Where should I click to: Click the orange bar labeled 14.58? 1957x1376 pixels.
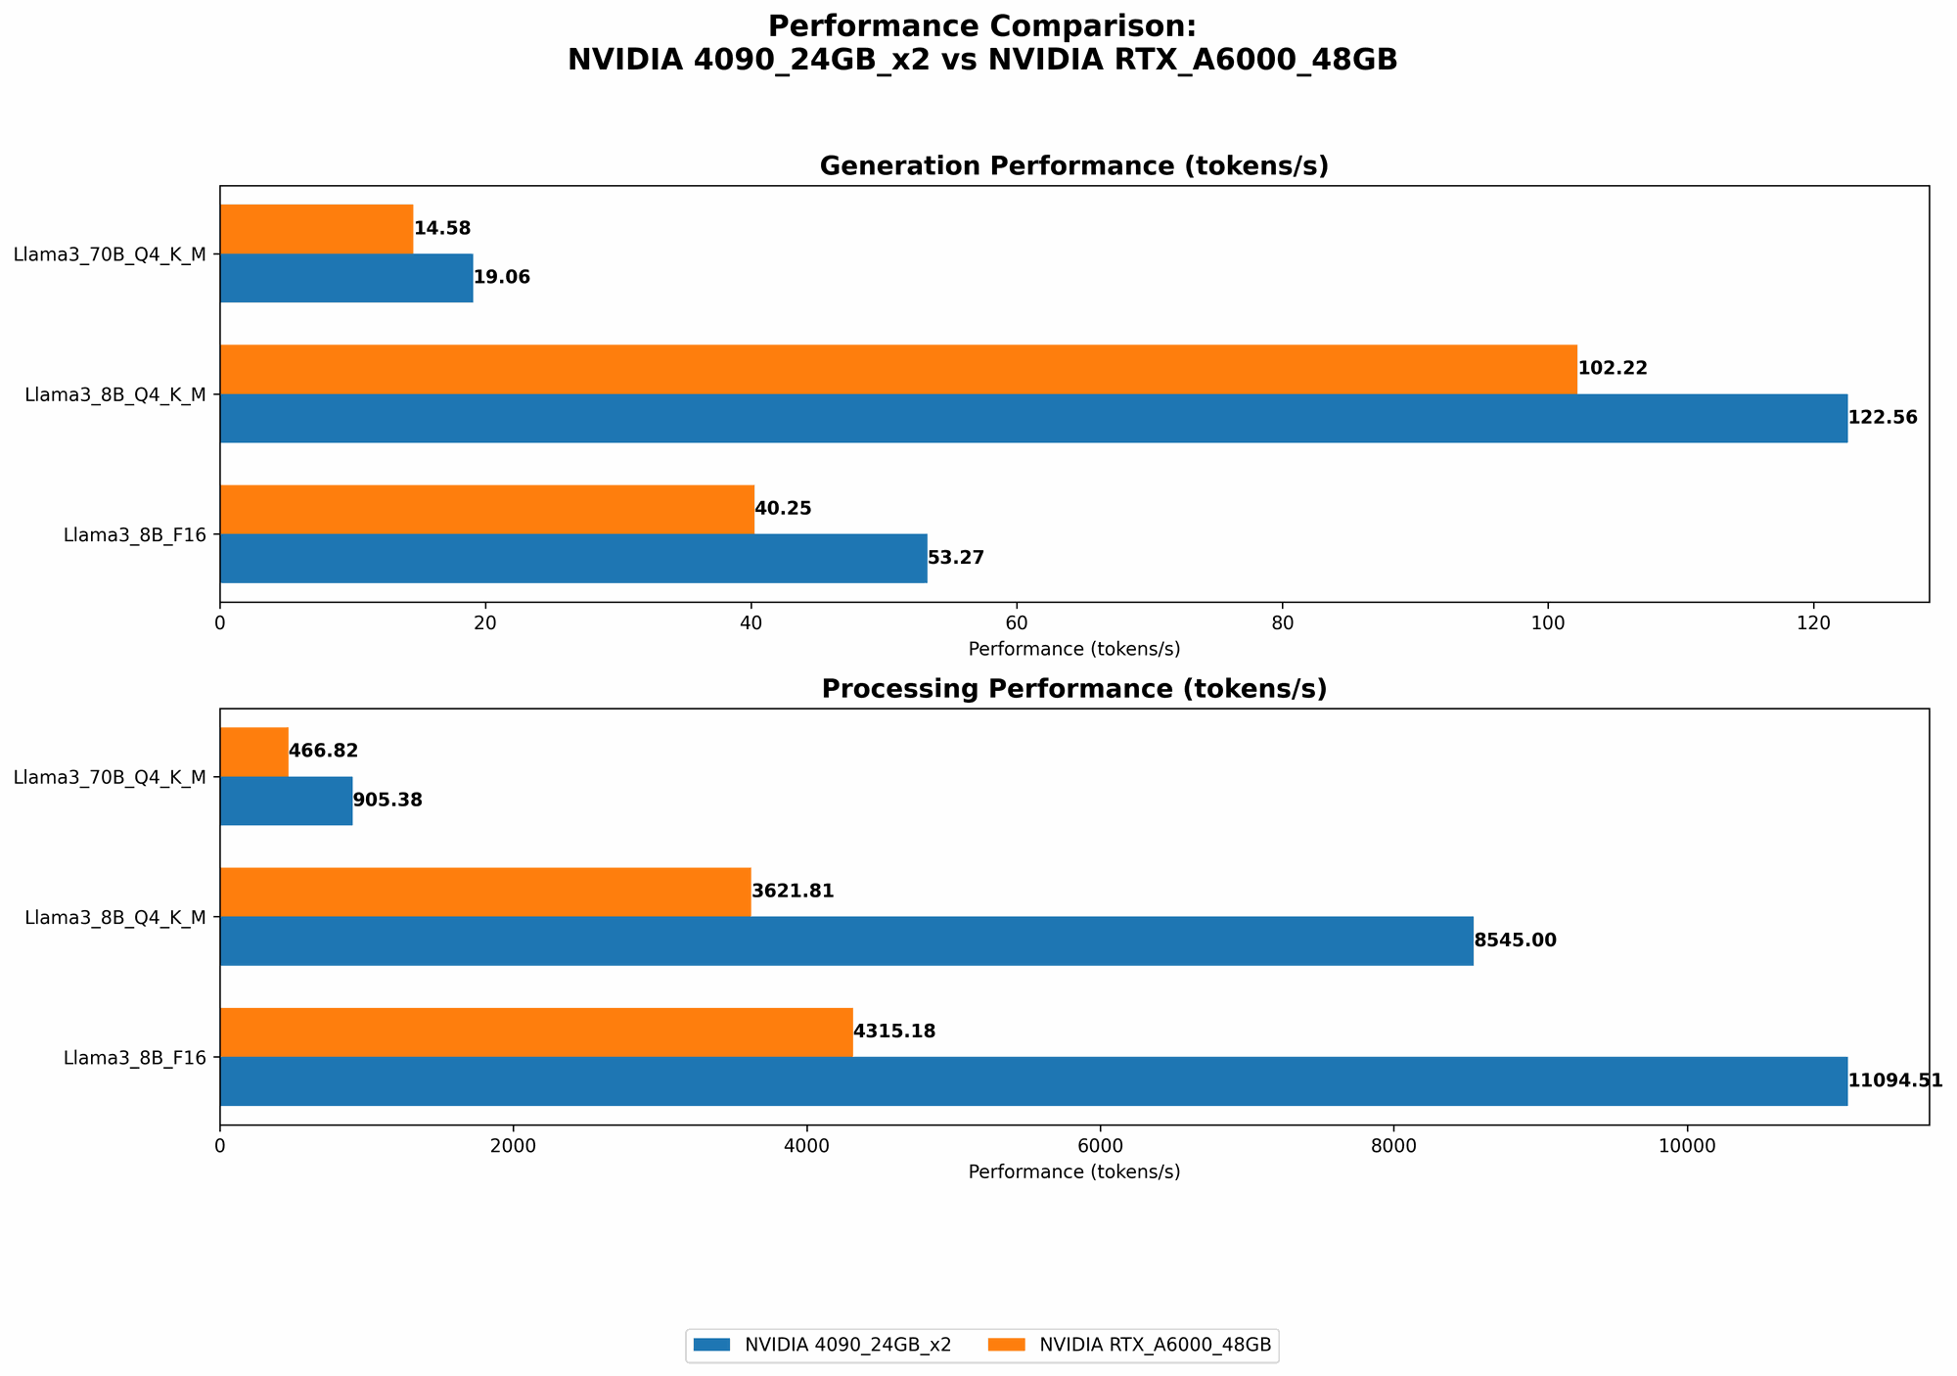coord(316,229)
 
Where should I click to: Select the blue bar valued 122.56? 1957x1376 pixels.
coord(1032,418)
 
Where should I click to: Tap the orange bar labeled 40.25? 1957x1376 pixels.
coord(486,509)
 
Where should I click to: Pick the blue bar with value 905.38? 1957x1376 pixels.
coord(286,801)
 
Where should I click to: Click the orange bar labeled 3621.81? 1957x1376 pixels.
coord(484,892)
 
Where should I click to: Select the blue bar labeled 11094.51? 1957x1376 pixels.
coord(1032,1080)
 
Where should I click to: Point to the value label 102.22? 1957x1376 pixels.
coord(1613,369)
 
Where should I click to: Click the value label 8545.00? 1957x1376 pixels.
coord(1515,940)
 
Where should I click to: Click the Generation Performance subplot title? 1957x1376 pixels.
coord(1073,166)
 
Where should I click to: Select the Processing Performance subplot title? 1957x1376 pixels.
coord(1073,689)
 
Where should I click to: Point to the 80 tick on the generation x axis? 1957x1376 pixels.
coord(1282,621)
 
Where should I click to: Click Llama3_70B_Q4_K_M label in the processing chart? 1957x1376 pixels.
coord(110,777)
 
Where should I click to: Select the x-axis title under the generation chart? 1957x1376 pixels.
coord(1073,649)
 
